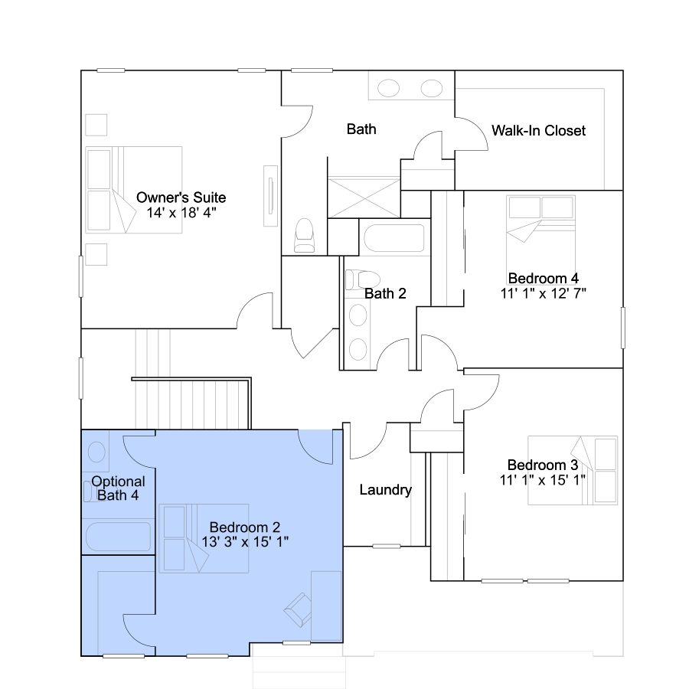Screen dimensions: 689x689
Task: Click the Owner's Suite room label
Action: (x=181, y=198)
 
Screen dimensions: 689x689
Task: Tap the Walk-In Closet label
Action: (x=538, y=130)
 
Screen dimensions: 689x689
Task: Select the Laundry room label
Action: (x=385, y=489)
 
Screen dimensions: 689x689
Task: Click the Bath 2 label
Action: (x=385, y=293)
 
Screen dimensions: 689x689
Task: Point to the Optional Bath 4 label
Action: (x=118, y=488)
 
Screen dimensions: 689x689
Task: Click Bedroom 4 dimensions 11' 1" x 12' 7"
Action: (x=543, y=293)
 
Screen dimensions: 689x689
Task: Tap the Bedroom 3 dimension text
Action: (x=542, y=480)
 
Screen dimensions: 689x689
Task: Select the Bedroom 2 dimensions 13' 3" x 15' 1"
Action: (x=245, y=542)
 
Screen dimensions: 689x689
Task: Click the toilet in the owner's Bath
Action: (x=304, y=236)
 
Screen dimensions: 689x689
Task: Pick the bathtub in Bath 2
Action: (x=394, y=238)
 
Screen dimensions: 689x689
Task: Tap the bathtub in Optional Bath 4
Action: (x=118, y=536)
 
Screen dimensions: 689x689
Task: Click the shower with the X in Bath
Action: (x=364, y=198)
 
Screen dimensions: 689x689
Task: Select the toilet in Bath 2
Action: (x=363, y=279)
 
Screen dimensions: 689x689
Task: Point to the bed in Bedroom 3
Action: (x=573, y=470)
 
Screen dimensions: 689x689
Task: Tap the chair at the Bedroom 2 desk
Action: (x=298, y=609)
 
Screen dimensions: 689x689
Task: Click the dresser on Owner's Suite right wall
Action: (x=270, y=196)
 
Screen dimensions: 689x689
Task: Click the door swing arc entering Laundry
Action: (x=368, y=441)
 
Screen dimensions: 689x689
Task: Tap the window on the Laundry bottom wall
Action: (x=387, y=546)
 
